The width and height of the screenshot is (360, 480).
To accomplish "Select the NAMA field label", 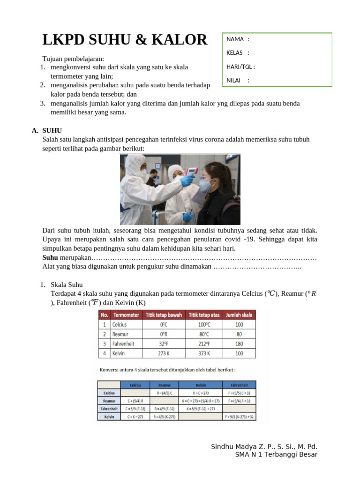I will point(235,39).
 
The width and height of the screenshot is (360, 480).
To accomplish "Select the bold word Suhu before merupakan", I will point(50,258).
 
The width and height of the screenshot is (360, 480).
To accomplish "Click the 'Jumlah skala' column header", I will point(239,315).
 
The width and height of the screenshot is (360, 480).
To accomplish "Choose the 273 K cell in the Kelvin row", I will point(164,353).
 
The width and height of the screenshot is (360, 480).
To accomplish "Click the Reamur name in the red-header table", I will point(120,334).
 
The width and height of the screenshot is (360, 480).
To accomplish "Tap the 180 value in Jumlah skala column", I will point(239,344).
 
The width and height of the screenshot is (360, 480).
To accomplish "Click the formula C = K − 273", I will point(135,416).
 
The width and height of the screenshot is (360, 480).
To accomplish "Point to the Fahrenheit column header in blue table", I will point(240,384).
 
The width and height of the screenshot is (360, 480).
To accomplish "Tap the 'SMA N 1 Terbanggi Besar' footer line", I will point(276,455).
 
